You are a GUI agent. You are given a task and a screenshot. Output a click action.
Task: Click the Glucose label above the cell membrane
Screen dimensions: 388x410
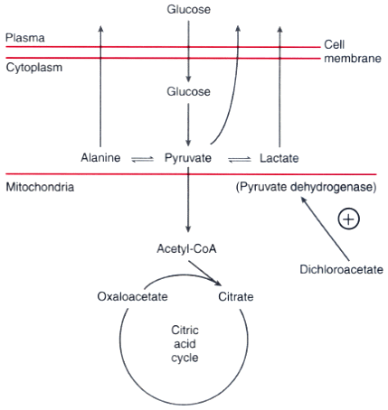point(189,9)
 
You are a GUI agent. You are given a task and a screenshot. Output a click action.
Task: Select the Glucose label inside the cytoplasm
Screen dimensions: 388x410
point(189,91)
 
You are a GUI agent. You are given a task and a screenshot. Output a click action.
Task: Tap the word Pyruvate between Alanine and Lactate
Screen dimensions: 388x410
point(188,158)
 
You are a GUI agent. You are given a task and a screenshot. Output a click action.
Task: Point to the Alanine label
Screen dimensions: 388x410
point(100,157)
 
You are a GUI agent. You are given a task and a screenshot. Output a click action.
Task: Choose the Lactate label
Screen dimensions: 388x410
point(279,158)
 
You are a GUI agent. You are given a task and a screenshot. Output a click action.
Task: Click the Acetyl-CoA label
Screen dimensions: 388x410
point(186,249)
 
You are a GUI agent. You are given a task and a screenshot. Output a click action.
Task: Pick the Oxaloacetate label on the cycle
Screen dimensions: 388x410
point(132,296)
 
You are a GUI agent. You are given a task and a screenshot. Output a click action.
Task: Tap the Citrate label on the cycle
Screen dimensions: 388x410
point(236,297)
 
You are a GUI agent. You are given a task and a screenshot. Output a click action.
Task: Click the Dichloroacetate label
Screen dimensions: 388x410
point(341,269)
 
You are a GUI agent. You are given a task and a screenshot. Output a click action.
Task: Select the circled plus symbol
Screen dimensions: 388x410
point(349,219)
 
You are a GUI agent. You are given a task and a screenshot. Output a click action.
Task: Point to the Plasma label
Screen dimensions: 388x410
point(25,38)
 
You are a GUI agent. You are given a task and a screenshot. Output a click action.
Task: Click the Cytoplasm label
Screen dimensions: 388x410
point(34,68)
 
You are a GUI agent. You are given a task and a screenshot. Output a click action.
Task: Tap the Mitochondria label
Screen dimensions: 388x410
point(40,187)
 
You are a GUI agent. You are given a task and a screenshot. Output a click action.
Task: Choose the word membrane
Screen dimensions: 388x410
point(353,59)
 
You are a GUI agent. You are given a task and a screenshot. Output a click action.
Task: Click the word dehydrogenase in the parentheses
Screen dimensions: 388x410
point(333,187)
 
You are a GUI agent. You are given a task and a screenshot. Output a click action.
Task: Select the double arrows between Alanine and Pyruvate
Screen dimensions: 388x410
point(143,159)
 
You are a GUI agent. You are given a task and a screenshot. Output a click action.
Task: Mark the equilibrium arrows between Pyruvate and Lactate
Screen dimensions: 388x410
point(240,159)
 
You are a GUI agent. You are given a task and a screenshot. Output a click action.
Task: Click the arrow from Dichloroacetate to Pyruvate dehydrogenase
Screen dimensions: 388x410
point(326,228)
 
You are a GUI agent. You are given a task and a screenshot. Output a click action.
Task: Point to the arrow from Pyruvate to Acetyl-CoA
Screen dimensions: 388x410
point(188,200)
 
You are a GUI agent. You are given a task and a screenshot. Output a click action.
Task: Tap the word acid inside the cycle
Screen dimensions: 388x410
point(185,344)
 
